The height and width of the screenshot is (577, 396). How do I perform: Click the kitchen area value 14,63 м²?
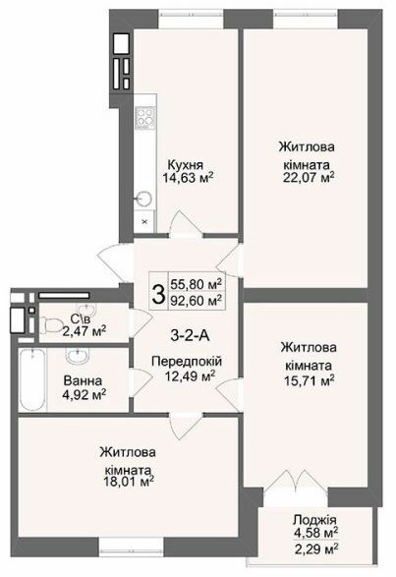187,178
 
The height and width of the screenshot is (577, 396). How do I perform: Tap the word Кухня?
187,164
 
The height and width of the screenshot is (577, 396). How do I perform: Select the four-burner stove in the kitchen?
144,117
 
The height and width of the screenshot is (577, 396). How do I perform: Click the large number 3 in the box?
157,292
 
